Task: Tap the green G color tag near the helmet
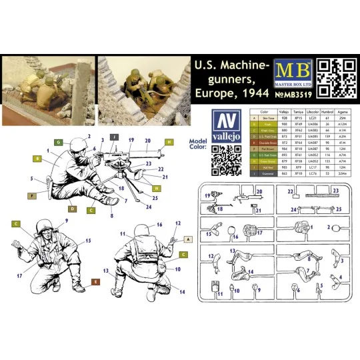[58, 142]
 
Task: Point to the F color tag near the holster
[31, 196]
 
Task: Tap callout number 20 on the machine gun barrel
[148, 141]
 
